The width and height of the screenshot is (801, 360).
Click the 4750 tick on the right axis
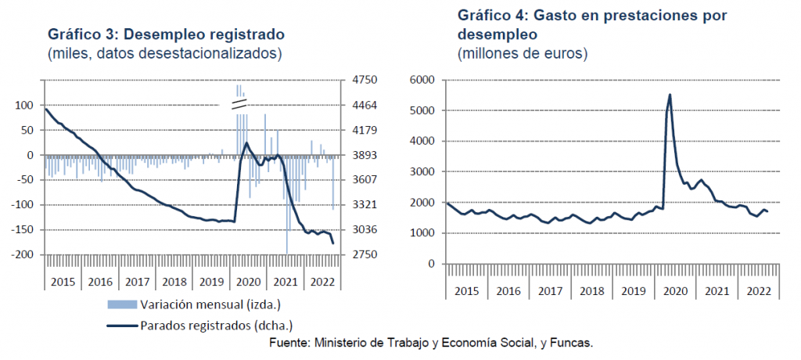point(365,81)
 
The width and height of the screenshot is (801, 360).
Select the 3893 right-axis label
point(365,155)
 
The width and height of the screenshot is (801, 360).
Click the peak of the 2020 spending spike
point(670,95)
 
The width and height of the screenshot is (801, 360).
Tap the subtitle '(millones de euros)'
point(522,54)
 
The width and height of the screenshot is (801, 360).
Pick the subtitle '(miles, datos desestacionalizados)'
point(164,54)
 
